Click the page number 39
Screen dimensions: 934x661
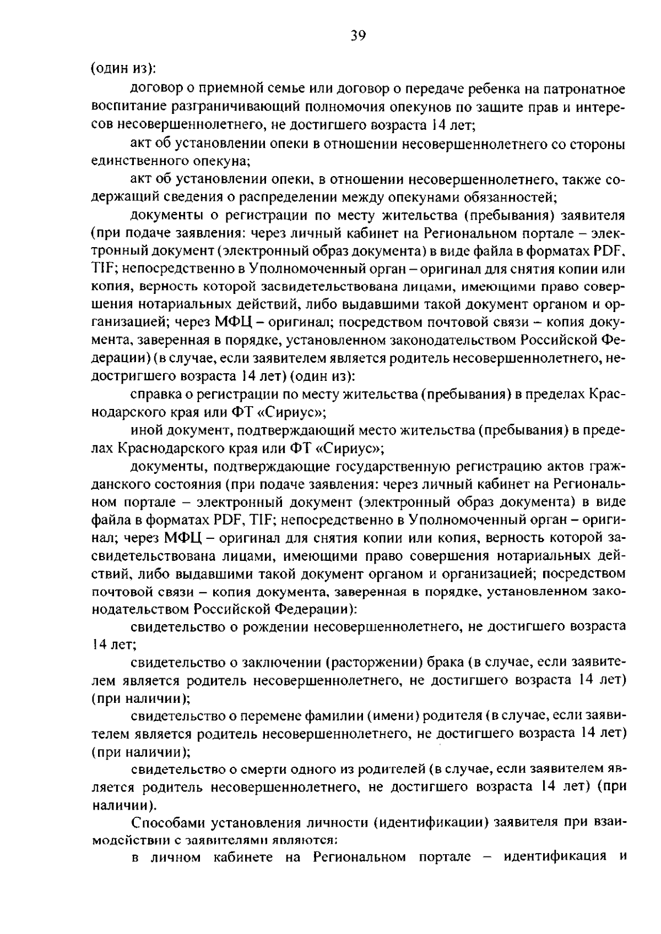coord(357,36)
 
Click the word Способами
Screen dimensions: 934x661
coord(163,824)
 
